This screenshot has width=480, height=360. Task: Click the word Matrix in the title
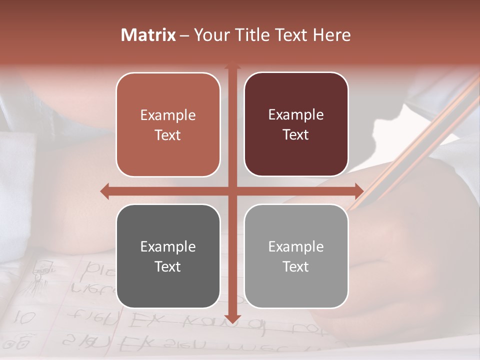tap(148, 35)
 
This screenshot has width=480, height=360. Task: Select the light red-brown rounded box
tap(168, 124)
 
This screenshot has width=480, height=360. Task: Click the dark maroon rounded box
tap(296, 124)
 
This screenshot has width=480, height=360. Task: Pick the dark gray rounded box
tap(168, 256)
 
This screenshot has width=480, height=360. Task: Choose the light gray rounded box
tap(296, 256)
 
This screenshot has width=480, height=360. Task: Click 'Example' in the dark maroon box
tap(296, 114)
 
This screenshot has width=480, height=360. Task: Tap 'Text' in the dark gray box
tap(168, 266)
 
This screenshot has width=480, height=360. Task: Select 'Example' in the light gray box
tap(296, 246)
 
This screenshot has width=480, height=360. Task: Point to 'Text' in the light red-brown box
tap(168, 135)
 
